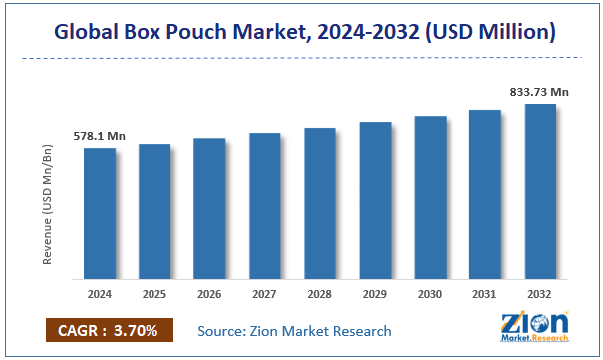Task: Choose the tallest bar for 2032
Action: pos(541,189)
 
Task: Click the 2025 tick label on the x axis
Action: pos(154,295)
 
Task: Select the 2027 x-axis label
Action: pos(265,295)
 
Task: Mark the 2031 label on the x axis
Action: pos(485,295)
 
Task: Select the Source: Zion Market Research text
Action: pos(295,330)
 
